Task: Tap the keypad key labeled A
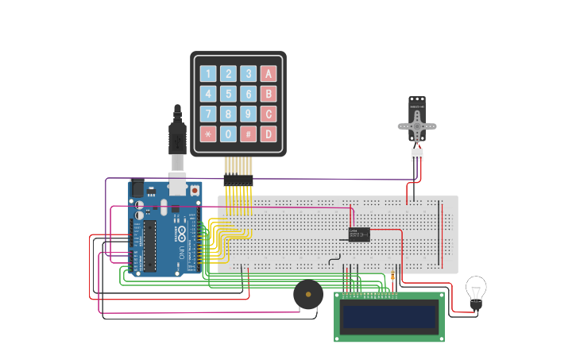point(269,74)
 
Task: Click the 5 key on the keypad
point(228,94)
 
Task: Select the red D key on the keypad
point(269,134)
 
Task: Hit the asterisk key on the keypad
point(208,134)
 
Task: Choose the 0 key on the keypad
point(228,134)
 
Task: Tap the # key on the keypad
point(248,134)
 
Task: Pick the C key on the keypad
point(269,114)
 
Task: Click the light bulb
point(475,289)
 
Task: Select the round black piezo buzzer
point(308,295)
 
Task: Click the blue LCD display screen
point(389,317)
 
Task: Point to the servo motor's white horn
point(417,126)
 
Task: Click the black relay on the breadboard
point(359,234)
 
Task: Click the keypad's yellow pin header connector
point(238,180)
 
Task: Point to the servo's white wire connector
point(417,154)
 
